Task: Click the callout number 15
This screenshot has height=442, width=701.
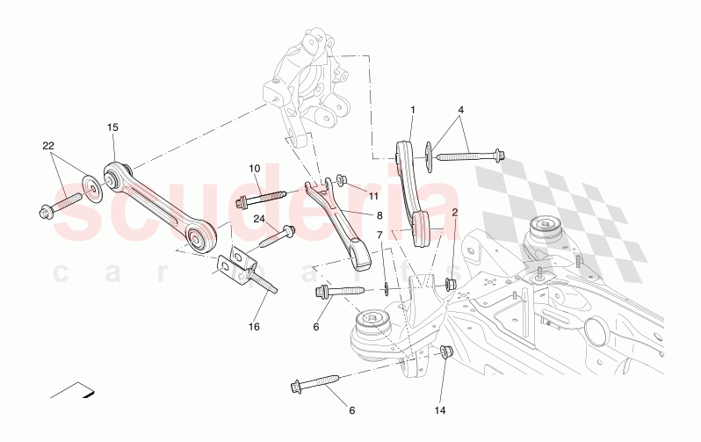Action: tap(112, 128)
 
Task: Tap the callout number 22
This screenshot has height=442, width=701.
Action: tap(49, 145)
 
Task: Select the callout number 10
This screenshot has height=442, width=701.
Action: tap(255, 168)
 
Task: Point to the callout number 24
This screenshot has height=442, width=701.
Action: tap(260, 219)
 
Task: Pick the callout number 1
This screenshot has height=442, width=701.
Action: tap(412, 110)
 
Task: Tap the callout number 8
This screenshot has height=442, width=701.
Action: tap(379, 214)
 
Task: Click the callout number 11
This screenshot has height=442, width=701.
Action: tap(373, 195)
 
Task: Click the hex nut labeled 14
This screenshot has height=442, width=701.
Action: tap(444, 352)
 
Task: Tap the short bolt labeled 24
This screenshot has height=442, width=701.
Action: tap(280, 235)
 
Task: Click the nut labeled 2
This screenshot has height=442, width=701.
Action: tap(451, 283)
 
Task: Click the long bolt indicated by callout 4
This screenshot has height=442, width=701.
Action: tap(470, 156)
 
